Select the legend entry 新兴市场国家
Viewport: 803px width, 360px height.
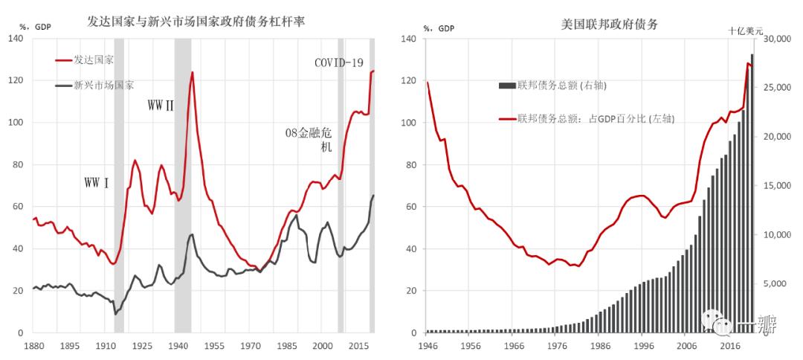(103, 85)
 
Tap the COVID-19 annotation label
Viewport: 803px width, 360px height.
(338, 62)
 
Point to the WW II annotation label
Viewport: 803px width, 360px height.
(160, 106)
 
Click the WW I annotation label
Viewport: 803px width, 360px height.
(97, 182)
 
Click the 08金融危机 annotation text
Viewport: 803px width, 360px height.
(310, 139)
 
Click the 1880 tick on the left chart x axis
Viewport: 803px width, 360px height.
(33, 347)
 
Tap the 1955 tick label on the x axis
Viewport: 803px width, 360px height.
(214, 347)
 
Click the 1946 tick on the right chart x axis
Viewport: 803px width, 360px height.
(428, 347)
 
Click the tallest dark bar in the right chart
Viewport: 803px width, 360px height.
(752, 193)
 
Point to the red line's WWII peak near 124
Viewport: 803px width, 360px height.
(192, 73)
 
